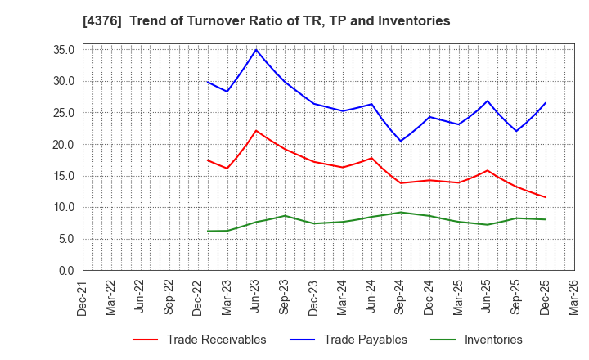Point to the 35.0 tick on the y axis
pyautogui.click(x=64, y=50)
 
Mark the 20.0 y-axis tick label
pyautogui.click(x=64, y=145)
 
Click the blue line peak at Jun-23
pyautogui.click(x=256, y=50)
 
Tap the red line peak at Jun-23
pyautogui.click(x=256, y=130)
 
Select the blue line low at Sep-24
pyautogui.click(x=401, y=141)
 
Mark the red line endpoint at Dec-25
pyautogui.click(x=546, y=197)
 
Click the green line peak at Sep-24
pyautogui.click(x=401, y=212)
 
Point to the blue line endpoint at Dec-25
pyautogui.click(x=546, y=102)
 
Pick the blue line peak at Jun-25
pyautogui.click(x=488, y=101)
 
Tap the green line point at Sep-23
pyautogui.click(x=285, y=216)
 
